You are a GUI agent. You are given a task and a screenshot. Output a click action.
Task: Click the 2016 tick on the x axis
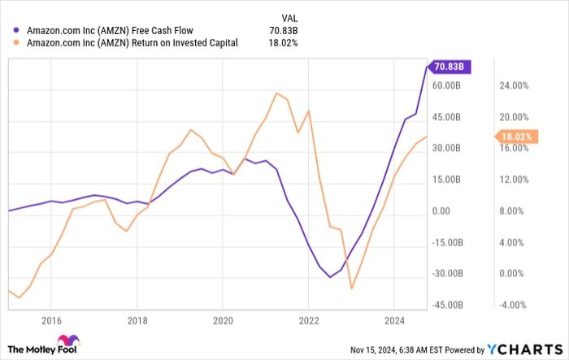tap(51, 319)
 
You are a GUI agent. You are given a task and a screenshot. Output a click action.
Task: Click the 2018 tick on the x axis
tap(137, 319)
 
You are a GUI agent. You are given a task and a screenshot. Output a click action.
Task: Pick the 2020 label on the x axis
tap(222, 319)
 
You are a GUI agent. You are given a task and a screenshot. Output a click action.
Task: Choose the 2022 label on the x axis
tap(308, 319)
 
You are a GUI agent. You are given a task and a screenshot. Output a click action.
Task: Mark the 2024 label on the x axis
tap(393, 319)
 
